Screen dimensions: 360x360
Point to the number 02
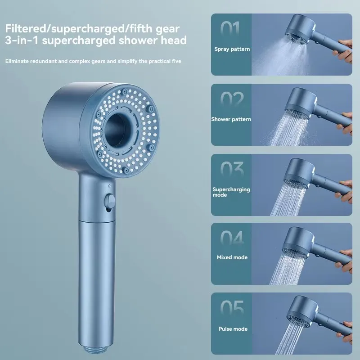pyautogui.click(x=232, y=99)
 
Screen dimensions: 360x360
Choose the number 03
pyautogui.click(x=232, y=170)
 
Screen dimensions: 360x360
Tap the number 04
pyautogui.click(x=232, y=239)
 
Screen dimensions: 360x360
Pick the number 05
pyautogui.click(x=232, y=309)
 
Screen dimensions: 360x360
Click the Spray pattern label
pyautogui.click(x=232, y=49)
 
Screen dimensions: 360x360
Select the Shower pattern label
pyautogui.click(x=231, y=119)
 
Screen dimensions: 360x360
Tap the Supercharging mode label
pyautogui.click(x=231, y=192)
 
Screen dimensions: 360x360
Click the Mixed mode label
pyautogui.click(x=231, y=257)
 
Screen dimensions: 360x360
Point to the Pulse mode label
pyautogui.click(x=232, y=329)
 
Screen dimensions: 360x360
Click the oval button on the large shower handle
pyautogui.click(x=108, y=201)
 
